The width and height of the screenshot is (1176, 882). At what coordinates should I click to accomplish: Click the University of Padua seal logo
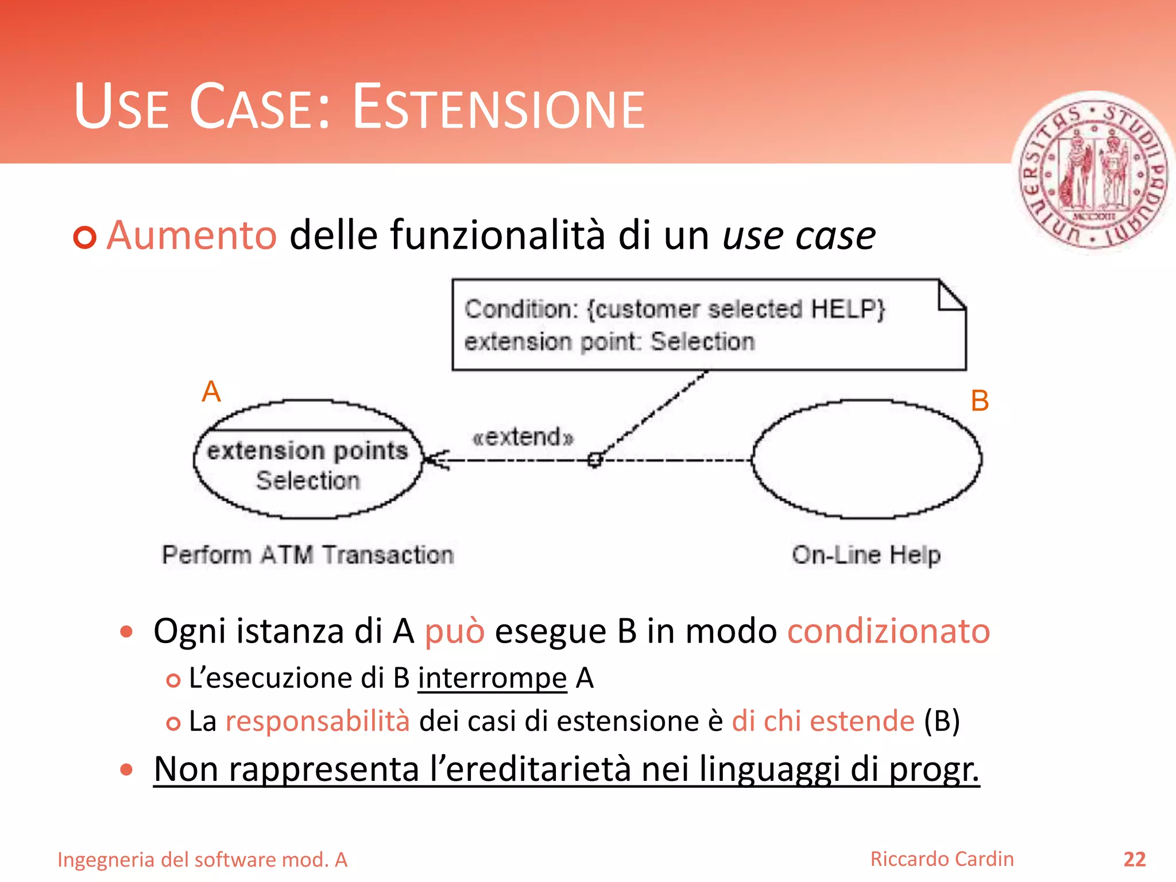1093,172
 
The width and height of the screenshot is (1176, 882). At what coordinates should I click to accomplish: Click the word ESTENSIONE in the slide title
498,107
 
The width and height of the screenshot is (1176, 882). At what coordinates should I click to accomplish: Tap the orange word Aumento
192,235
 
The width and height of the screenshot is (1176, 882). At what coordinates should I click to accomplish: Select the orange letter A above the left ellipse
211,392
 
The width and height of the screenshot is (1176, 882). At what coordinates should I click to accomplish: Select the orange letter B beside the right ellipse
980,401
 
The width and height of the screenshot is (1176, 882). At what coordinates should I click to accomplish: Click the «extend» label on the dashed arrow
523,437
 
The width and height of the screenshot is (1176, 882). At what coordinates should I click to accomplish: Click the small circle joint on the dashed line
595,459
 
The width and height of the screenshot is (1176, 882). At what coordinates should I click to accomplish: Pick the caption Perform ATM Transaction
308,555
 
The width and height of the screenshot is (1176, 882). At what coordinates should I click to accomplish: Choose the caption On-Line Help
866,555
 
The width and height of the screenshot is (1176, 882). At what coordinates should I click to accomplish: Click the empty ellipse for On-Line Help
866,459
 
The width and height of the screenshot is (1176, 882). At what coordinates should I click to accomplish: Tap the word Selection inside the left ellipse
308,480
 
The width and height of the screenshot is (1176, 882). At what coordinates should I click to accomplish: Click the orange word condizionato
888,631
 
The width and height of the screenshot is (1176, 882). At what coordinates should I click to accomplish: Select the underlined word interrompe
492,678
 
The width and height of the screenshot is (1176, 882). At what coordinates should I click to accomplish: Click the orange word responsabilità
318,721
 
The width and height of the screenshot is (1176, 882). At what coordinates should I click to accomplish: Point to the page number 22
1134,859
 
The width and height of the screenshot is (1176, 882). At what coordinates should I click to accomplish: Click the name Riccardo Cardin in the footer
942,859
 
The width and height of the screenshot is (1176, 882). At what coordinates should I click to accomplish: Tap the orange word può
454,631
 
